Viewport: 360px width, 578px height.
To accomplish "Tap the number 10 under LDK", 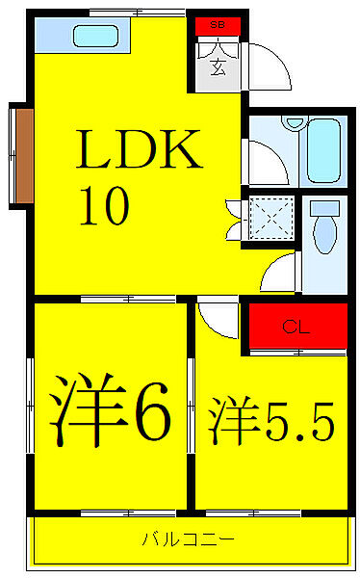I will click(102, 207).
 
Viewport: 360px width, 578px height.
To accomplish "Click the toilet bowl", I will click(326, 236).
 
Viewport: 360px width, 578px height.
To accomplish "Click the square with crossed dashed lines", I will click(269, 219).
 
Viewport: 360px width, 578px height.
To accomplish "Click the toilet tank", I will click(326, 206).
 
